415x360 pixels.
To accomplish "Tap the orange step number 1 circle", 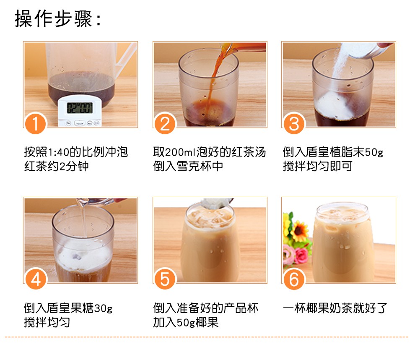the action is point(36,123).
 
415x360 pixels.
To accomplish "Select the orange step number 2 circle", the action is point(165,123).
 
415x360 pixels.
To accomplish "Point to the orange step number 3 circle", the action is point(294,123).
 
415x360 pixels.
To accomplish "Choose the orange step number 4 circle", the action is point(36,279).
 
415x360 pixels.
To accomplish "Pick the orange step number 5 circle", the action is point(165,279).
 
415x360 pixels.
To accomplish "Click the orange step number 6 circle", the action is point(294,279).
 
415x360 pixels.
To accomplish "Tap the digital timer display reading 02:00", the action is point(80,108).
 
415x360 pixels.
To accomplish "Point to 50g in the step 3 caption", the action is point(374,152).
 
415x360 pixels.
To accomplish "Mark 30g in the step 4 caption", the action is point(103,308).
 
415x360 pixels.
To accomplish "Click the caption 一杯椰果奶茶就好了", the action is point(335,308).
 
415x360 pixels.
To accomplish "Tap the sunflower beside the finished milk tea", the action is point(300,231).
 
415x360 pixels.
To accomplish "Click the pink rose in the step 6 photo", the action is point(301,256).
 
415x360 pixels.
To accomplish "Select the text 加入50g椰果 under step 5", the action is point(186,322).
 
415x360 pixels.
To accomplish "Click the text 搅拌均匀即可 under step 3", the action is point(318,166).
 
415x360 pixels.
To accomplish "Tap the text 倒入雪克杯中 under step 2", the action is point(188,166).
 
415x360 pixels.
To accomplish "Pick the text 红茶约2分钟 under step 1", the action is point(56,166).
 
